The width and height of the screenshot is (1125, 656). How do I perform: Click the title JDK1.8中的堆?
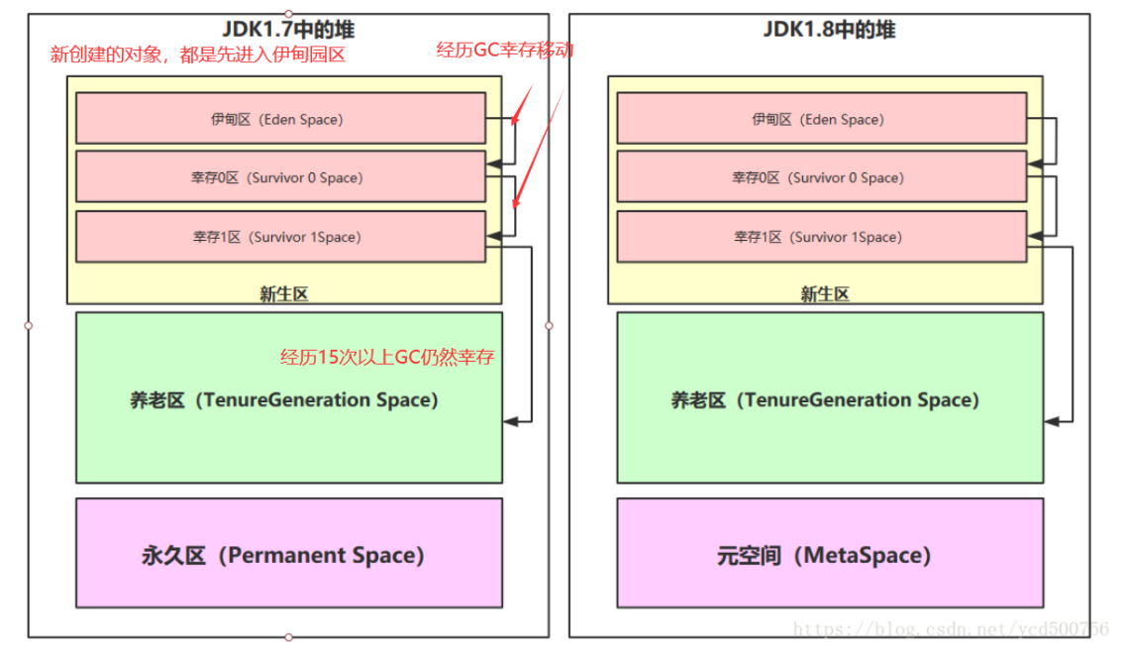pyautogui.click(x=829, y=30)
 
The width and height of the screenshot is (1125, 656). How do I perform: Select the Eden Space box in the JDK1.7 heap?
pyautogui.click(x=280, y=119)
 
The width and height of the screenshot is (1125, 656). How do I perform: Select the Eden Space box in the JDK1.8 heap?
pyautogui.click(x=821, y=119)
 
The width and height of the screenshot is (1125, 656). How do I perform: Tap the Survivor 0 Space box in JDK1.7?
pyautogui.click(x=280, y=177)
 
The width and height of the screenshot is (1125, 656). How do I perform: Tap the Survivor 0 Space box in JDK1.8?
pyautogui.click(x=821, y=177)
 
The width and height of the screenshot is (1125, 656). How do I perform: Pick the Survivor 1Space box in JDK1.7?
pyautogui.click(x=280, y=237)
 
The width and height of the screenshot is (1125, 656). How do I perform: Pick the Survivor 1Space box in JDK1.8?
pyautogui.click(x=821, y=237)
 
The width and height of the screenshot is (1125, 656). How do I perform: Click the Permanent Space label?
pyautogui.click(x=283, y=555)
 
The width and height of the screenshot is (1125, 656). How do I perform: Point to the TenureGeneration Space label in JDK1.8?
pyautogui.click(x=825, y=400)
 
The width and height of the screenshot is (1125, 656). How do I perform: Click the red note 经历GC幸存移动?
pyautogui.click(x=505, y=50)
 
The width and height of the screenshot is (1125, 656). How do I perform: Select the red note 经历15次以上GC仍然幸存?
pyautogui.click(x=387, y=358)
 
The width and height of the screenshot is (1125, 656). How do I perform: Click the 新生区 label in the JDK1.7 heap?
pyautogui.click(x=283, y=293)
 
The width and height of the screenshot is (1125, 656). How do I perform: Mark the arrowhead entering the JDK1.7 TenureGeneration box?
pyautogui.click(x=510, y=421)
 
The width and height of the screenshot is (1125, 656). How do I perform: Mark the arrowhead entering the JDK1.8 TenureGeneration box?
pyautogui.click(x=1051, y=421)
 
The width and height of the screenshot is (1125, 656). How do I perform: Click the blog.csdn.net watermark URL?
pyautogui.click(x=952, y=628)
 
